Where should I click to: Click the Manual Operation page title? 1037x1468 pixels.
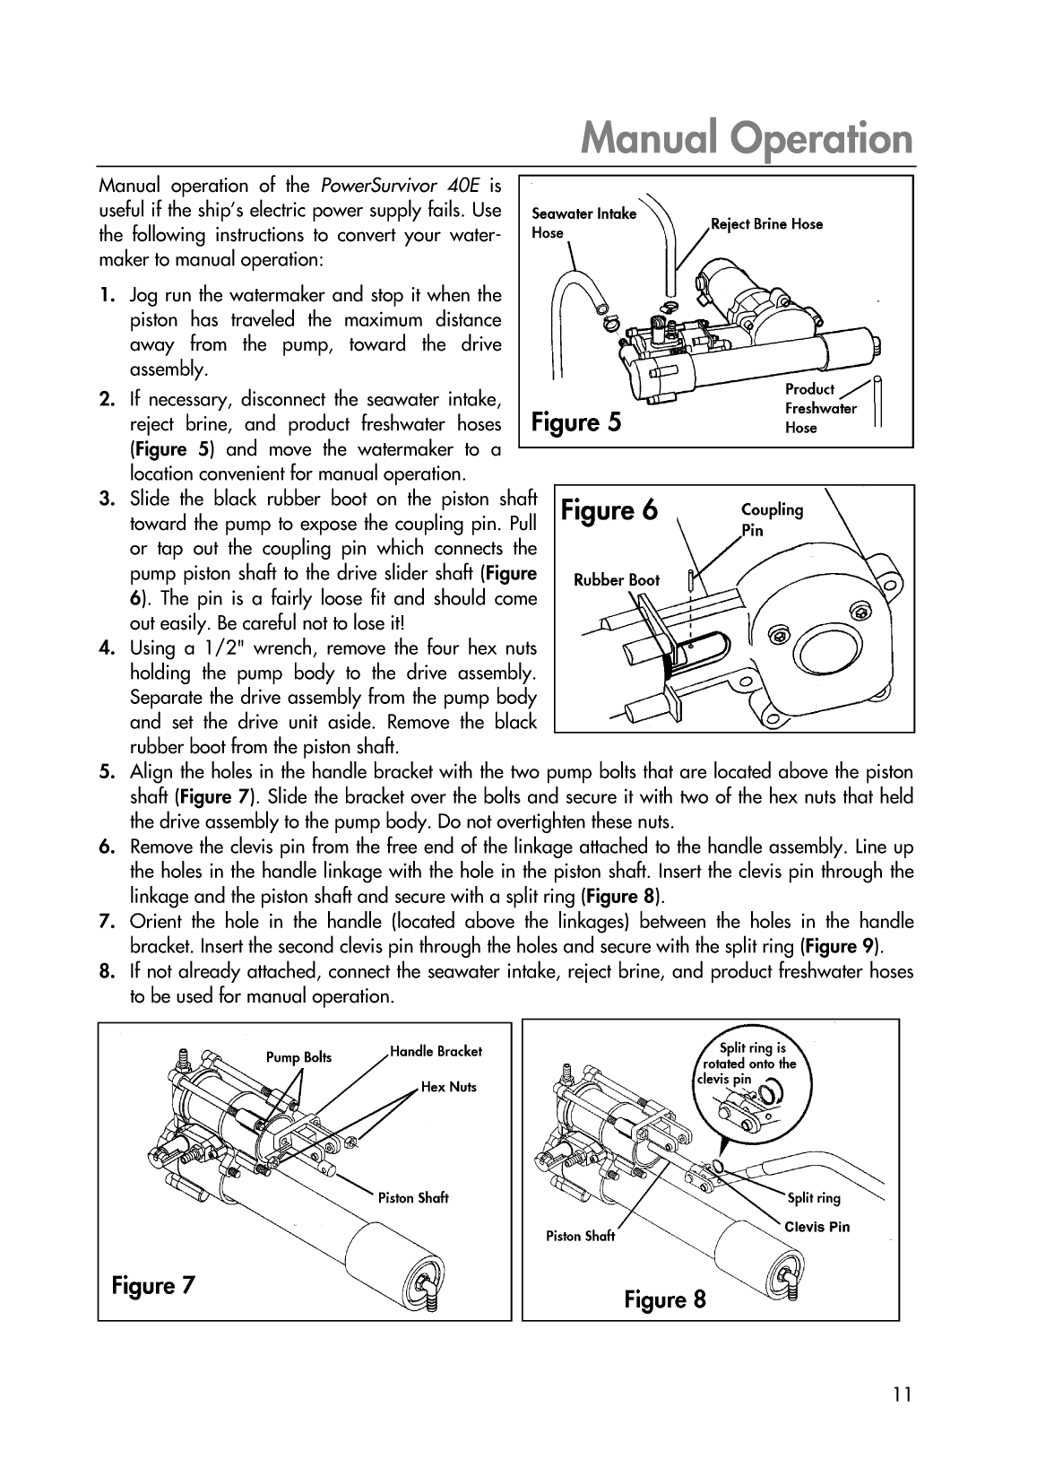(748, 139)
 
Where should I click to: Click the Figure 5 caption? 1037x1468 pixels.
(576, 421)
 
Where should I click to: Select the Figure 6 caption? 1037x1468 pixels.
(609, 510)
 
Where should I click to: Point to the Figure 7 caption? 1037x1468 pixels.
(152, 1285)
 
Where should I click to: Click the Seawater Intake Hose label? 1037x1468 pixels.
(583, 222)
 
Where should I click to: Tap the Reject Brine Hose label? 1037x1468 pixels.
(766, 223)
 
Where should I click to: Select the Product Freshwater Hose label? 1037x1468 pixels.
(820, 408)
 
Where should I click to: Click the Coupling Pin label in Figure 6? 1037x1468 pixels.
(771, 519)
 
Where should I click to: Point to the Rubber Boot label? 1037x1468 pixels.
(616, 580)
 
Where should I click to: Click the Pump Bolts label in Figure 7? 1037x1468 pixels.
(298, 1057)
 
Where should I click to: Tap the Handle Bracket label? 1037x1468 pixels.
(436, 1051)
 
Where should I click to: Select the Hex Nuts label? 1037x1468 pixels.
(449, 1087)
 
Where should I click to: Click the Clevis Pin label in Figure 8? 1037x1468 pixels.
(817, 1227)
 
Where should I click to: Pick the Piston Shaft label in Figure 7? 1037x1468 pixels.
(412, 1197)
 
